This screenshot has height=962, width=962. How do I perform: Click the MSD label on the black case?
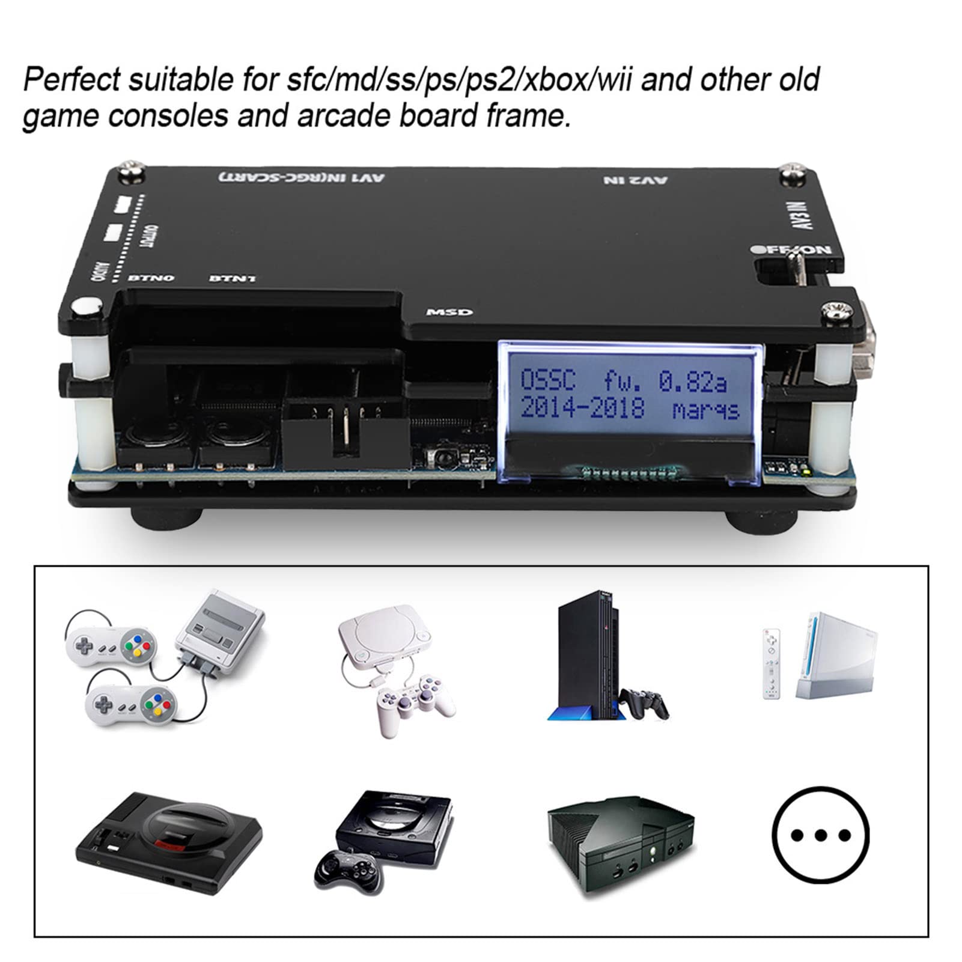449,312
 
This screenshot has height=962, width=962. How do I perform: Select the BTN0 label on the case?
151,278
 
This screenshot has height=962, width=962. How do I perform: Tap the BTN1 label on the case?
233,278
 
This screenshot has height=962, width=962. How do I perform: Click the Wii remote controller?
771,663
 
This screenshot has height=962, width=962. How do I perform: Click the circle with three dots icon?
820,835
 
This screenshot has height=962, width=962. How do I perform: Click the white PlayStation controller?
414,703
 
